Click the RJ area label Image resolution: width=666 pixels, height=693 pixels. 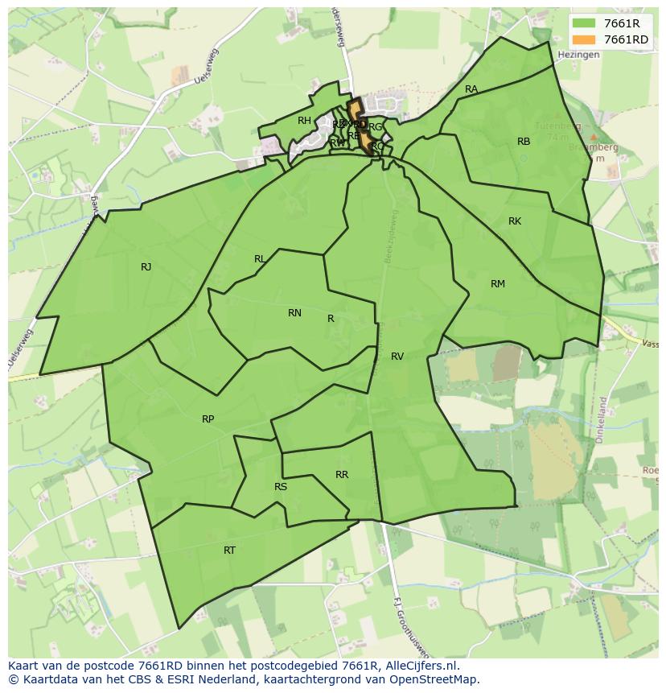146,267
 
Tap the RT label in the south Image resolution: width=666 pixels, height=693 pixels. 230,551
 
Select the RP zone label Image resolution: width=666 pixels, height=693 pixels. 208,419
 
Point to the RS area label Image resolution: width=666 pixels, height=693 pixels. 281,487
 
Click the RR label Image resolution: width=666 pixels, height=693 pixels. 342,475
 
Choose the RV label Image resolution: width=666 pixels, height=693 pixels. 397,356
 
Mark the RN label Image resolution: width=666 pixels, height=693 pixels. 294,313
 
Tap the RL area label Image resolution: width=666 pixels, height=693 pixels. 260,259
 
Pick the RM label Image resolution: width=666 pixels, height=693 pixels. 498,283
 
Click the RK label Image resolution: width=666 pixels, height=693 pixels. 515,221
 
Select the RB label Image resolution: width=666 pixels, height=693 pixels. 524,142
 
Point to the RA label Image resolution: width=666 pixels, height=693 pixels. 471,89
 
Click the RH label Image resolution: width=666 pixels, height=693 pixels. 304,121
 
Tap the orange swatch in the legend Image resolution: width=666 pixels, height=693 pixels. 585,39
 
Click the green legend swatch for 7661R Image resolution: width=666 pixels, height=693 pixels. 585,23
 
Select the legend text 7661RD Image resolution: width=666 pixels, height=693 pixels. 626,39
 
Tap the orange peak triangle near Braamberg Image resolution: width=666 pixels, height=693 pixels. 593,138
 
